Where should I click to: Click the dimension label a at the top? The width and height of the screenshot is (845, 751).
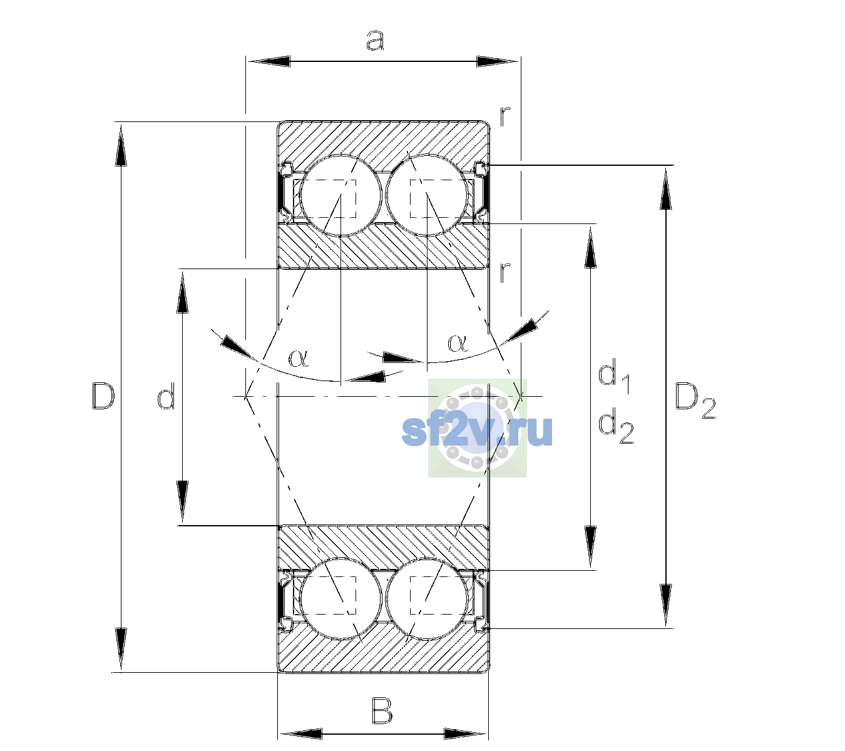[x=374, y=41]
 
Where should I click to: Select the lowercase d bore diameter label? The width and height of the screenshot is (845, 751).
[x=166, y=398]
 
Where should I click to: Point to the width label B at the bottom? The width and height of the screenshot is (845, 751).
[x=382, y=711]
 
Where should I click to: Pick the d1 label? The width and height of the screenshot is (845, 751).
[x=613, y=377]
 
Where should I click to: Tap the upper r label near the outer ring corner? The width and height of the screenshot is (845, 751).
[x=504, y=116]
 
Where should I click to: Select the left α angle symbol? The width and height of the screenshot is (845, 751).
[x=299, y=358]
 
